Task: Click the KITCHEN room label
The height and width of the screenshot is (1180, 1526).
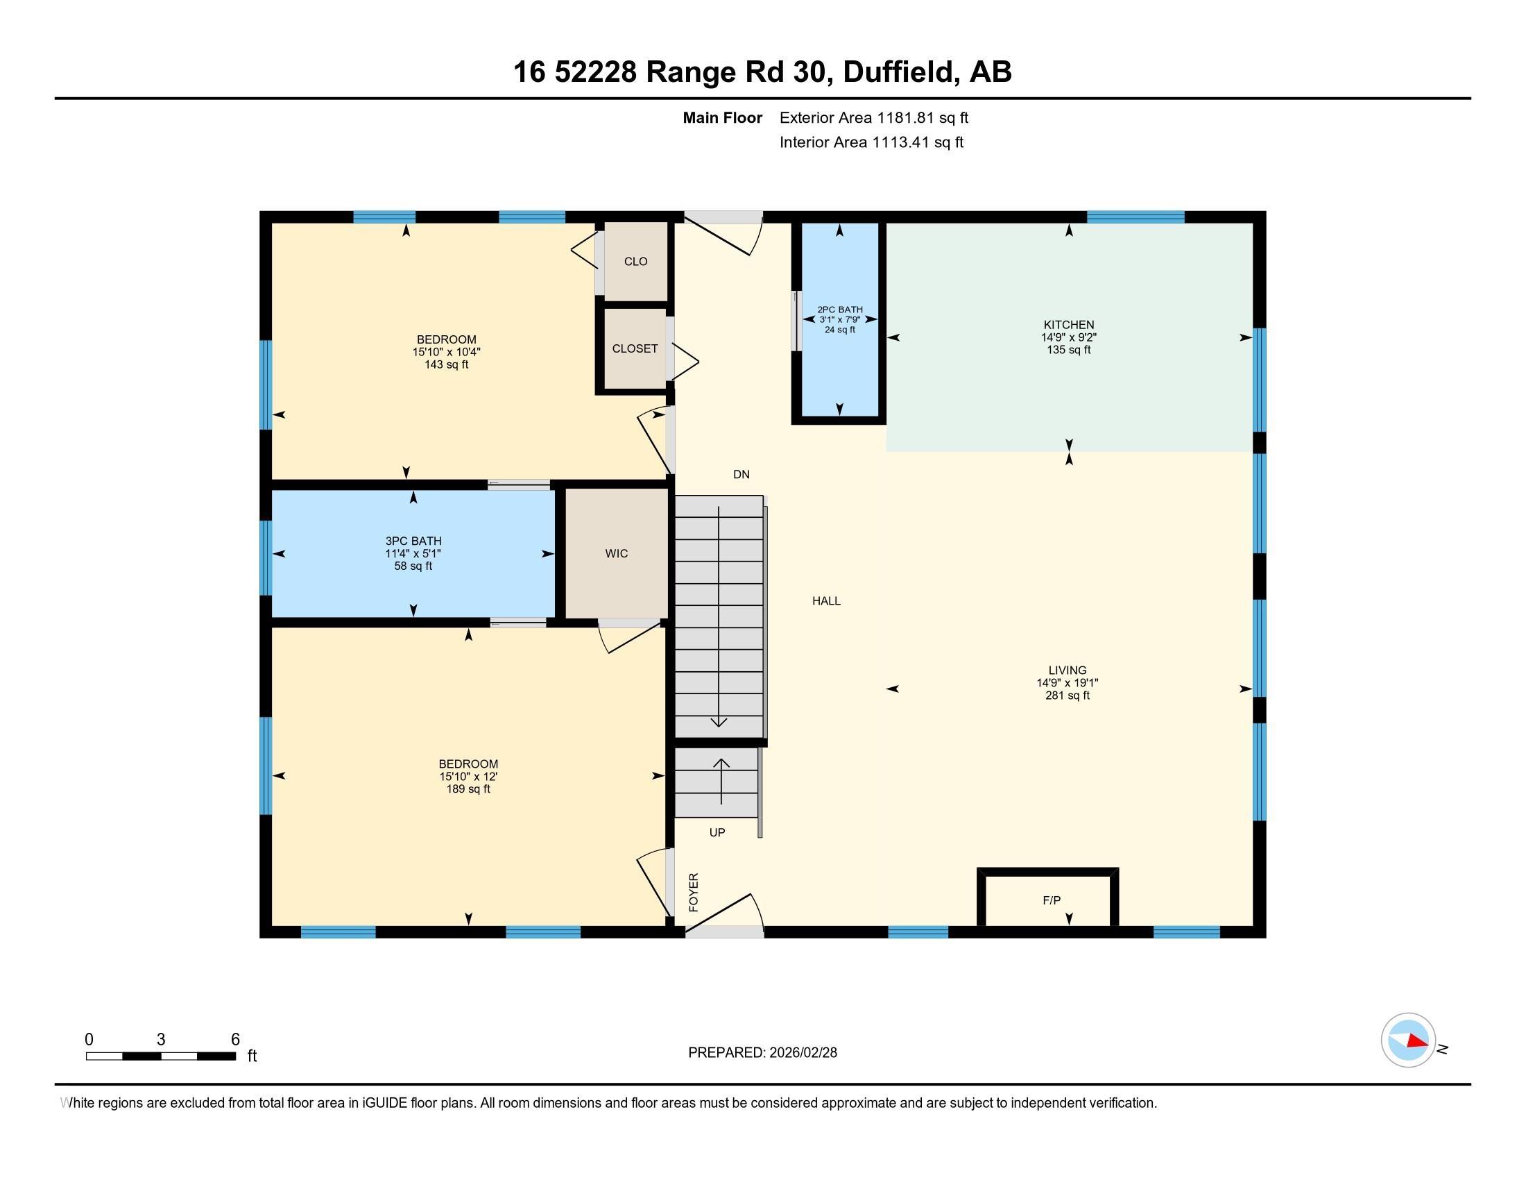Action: coord(1068,324)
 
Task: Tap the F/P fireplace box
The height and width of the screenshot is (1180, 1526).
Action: coord(1050,900)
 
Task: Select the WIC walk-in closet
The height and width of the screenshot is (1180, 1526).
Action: coord(616,553)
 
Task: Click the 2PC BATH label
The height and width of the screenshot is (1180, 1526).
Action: coord(840,310)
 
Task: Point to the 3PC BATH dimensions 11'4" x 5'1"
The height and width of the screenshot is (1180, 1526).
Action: coord(413,554)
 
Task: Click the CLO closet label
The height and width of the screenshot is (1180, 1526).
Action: coord(635,262)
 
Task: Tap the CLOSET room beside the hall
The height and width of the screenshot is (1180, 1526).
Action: coord(635,348)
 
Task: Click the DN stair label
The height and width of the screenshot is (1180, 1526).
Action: coord(741,475)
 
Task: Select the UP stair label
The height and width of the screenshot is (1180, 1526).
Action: coord(717,832)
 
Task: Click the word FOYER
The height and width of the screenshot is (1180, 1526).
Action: coord(694,892)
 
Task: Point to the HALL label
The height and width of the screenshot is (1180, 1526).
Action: coord(826,600)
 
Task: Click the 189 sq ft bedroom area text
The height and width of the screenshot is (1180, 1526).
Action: coord(468,789)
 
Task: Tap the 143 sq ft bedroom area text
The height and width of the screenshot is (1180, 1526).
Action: coord(447,365)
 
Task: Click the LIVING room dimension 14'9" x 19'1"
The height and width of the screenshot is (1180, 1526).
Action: coord(1067,683)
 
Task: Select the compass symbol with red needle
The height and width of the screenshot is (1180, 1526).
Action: coord(1408,1040)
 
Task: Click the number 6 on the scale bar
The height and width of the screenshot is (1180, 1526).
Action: coord(235,1040)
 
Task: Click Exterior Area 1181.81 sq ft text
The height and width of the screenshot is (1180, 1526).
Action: coord(873,117)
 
